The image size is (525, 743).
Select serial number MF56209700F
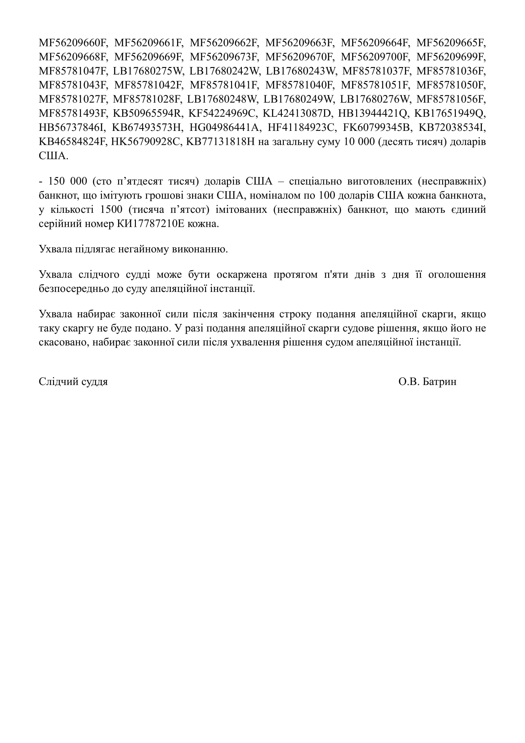[x=375, y=57]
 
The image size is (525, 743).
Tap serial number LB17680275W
[x=148, y=71]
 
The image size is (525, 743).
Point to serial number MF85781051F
[x=375, y=85]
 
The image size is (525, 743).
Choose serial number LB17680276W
[x=375, y=99]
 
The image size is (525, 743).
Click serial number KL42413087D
[x=297, y=114]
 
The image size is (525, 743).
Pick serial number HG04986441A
[x=225, y=128]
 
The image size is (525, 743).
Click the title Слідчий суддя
[x=73, y=382]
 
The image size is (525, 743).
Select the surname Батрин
[x=439, y=382]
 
